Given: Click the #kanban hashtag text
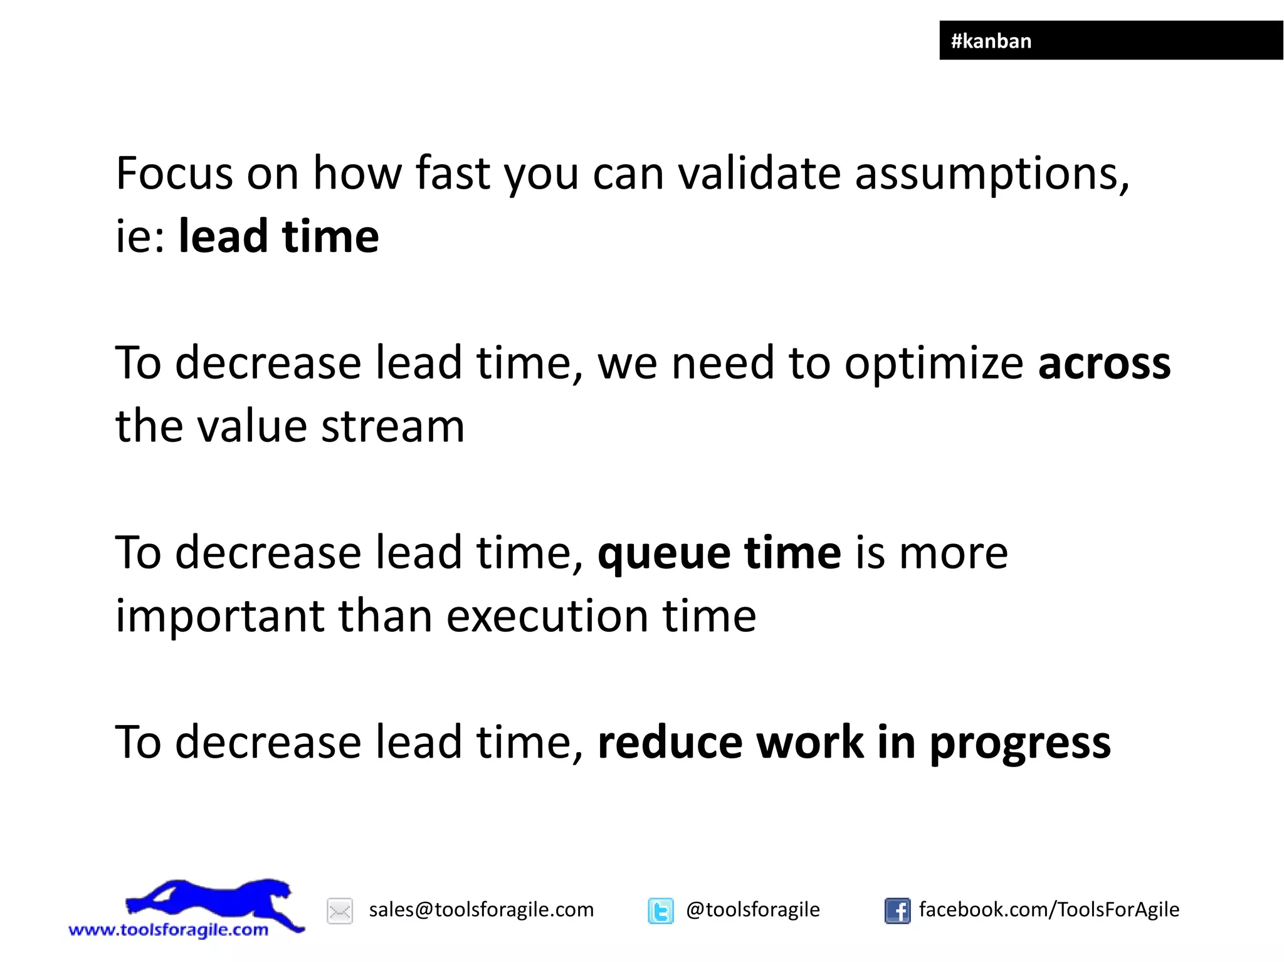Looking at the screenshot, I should (x=991, y=41).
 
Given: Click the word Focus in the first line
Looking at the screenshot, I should (x=174, y=174).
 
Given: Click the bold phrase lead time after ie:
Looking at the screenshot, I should (x=278, y=237).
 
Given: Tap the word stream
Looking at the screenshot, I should (x=392, y=427).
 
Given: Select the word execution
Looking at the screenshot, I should (x=547, y=616).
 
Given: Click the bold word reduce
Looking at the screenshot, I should (x=670, y=743).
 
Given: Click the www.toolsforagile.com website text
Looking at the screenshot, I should (x=168, y=929).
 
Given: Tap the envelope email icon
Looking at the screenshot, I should (x=340, y=911).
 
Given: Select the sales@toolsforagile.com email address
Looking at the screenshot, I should (x=481, y=909).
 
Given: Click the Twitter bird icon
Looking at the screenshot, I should (x=660, y=911).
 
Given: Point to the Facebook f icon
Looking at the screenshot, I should (x=897, y=911).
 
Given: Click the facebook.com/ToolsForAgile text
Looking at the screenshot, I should (x=1048, y=909).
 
